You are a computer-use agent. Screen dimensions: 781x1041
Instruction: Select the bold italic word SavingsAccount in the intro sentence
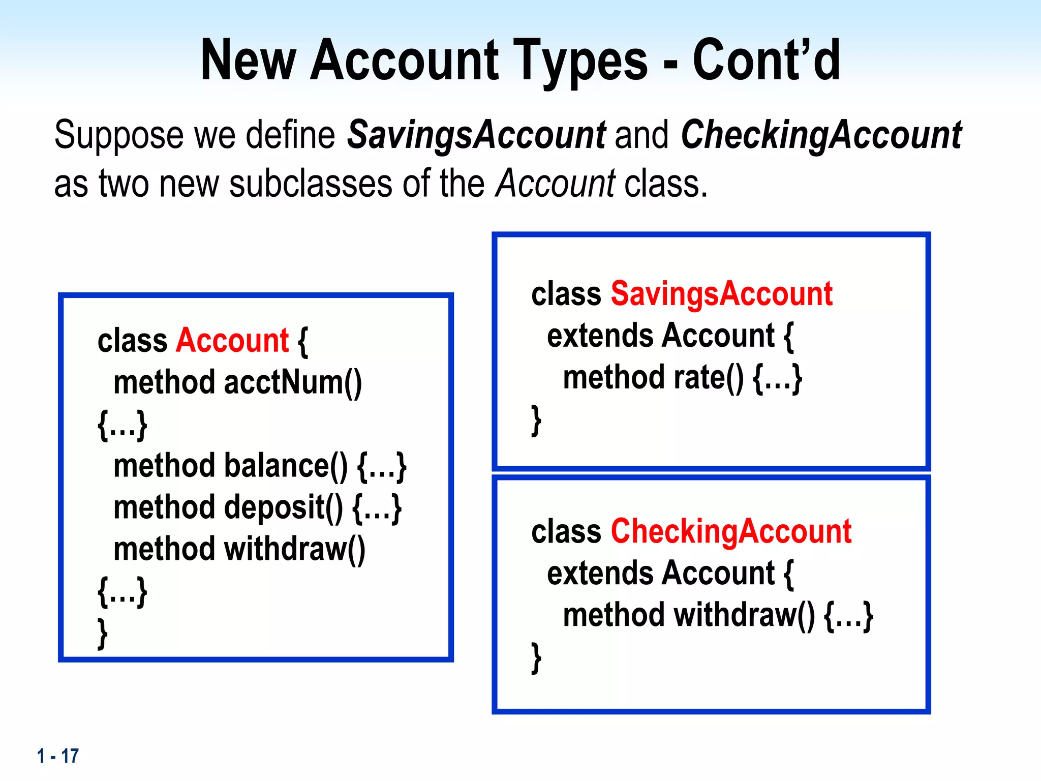[476, 135]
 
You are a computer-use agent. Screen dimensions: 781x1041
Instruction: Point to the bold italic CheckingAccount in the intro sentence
[821, 135]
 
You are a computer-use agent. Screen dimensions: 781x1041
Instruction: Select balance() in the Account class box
[286, 465]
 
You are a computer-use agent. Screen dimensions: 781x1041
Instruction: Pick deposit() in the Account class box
[284, 507]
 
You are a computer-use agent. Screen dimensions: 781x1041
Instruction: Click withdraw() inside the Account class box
[294, 549]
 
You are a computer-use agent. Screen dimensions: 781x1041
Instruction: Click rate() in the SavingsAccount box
[709, 377]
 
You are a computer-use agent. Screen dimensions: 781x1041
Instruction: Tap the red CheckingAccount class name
[731, 531]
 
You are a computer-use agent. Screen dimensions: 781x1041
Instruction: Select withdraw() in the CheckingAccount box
[744, 615]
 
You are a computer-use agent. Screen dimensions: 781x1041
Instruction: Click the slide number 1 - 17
[58, 756]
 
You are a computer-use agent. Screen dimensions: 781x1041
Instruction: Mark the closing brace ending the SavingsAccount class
[536, 420]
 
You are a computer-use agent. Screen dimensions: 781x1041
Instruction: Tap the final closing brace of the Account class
[103, 633]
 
